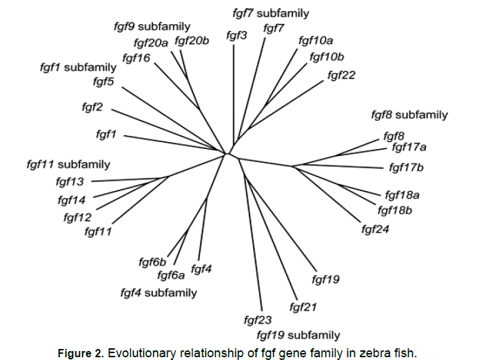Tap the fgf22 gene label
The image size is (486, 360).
tap(341, 74)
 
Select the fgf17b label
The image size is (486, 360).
tap(406, 167)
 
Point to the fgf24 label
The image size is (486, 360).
tap(375, 229)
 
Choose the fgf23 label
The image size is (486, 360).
tap(258, 320)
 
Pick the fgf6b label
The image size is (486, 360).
tap(152, 262)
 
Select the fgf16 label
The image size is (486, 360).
tap(136, 58)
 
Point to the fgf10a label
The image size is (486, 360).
tap(315, 41)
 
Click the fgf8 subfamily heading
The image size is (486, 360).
tap(409, 114)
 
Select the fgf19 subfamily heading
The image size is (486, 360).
tap(298, 335)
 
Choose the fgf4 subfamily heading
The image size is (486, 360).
tap(159, 292)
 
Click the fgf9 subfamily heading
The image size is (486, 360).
tap(152, 27)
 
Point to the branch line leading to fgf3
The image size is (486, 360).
tap(233, 97)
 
